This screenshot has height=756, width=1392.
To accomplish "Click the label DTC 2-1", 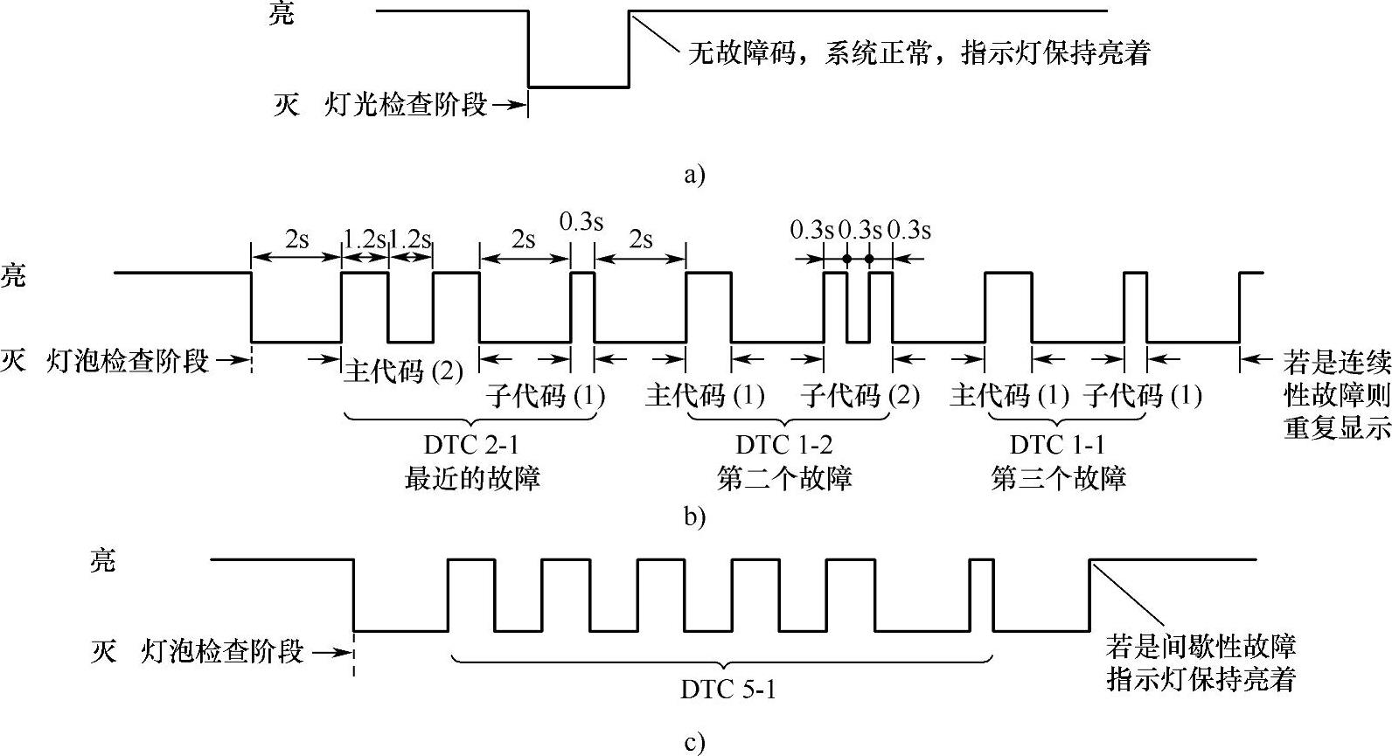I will click(x=470, y=445).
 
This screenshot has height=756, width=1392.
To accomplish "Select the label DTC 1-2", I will click(x=784, y=445).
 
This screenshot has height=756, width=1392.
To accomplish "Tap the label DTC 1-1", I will click(x=1058, y=445).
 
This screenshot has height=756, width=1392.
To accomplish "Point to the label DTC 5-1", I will click(x=728, y=690).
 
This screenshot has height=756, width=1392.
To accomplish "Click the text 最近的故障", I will click(x=471, y=478).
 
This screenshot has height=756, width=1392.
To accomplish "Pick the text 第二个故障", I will click(x=784, y=478).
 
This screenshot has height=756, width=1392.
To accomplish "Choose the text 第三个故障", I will click(x=1058, y=478).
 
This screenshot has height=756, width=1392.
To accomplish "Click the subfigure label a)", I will click(x=694, y=175).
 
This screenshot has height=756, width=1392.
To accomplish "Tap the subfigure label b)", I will click(x=694, y=517).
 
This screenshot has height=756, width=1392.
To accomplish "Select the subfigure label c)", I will click(x=694, y=743).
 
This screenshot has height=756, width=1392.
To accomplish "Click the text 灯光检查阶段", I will click(x=406, y=106).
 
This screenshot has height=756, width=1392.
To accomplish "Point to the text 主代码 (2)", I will click(x=403, y=371).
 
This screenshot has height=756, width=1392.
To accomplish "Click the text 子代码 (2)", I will click(x=860, y=396).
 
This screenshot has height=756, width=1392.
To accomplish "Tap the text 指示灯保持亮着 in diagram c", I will click(x=1201, y=680).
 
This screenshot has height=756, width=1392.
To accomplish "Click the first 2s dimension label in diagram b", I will click(x=296, y=239).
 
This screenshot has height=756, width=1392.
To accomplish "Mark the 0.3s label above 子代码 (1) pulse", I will click(x=581, y=222).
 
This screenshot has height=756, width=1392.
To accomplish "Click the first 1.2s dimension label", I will click(x=364, y=239).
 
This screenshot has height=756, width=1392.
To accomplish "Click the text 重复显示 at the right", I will click(x=1336, y=429).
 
